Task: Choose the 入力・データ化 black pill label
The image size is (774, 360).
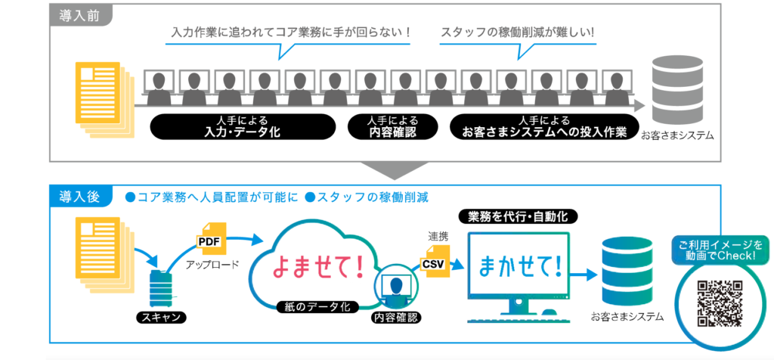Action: click(x=242, y=127)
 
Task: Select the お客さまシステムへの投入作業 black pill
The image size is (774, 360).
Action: click(x=544, y=127)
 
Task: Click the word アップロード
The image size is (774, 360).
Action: click(x=212, y=265)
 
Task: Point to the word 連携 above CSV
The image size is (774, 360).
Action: click(x=438, y=237)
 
